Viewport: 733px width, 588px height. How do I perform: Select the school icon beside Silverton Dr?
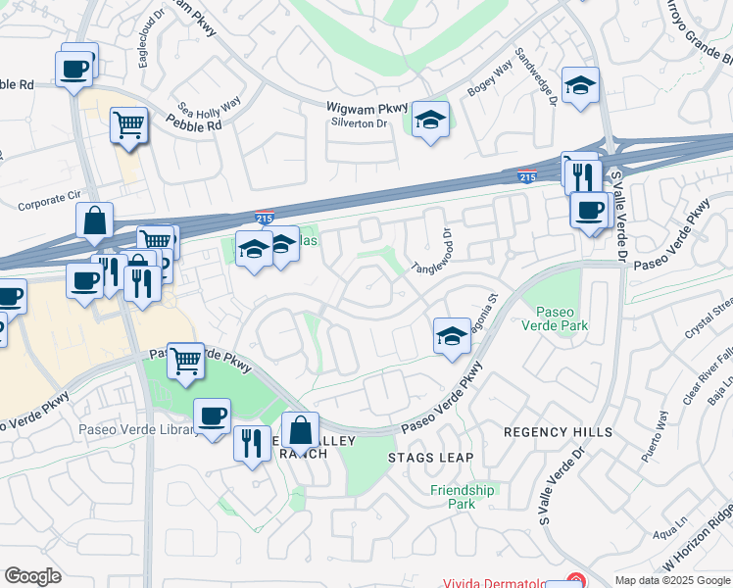point(430,122)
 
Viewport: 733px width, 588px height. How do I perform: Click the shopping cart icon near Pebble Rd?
point(128,126)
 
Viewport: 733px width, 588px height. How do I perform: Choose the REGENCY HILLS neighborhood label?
point(558,432)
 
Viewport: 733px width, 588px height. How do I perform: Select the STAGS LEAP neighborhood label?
point(430,458)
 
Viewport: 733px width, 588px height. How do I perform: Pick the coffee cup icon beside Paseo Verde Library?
point(212,417)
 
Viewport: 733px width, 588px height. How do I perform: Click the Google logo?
point(32,576)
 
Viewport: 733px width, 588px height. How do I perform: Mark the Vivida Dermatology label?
point(505,581)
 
